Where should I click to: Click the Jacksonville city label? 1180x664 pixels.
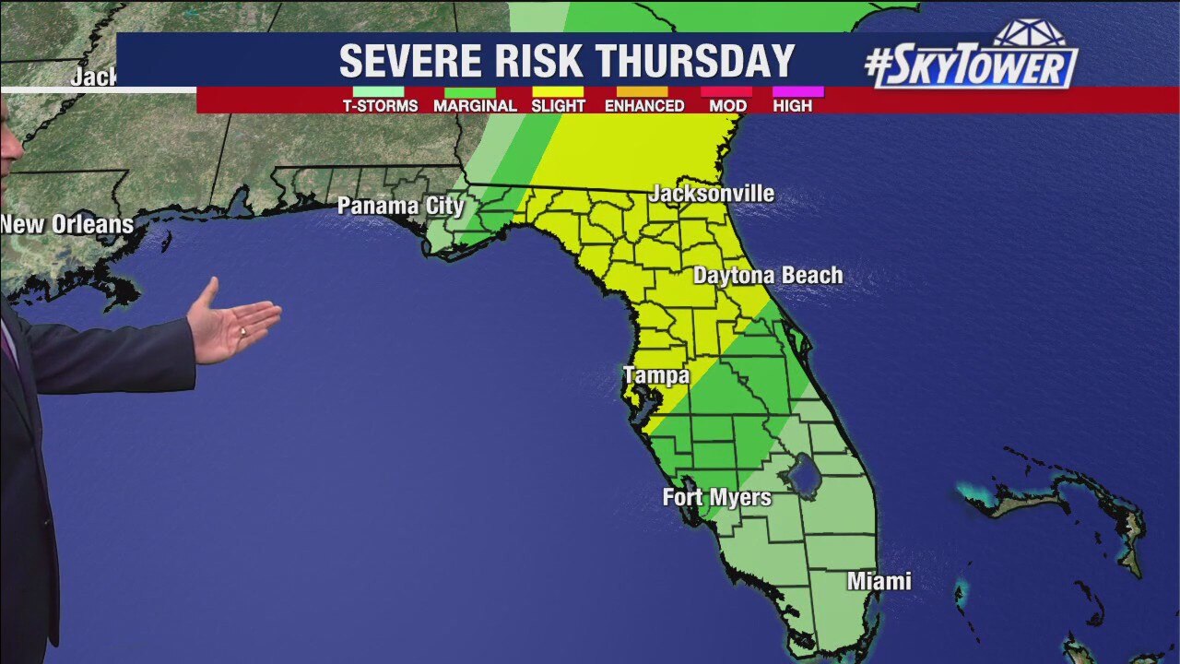[712, 194]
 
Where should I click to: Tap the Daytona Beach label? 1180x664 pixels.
[768, 276]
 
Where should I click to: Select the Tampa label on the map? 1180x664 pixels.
[656, 375]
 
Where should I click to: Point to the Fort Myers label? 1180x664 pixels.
[716, 497]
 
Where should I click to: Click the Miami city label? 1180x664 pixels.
[879, 581]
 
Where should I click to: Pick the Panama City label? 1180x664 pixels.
[400, 206]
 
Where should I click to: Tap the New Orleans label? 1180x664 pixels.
[66, 224]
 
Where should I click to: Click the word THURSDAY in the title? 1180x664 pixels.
[695, 62]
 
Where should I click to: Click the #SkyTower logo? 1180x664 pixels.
[973, 61]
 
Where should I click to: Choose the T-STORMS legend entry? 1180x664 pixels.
[380, 105]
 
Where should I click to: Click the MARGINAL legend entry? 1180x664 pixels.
[475, 105]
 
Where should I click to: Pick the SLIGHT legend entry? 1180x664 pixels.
[558, 105]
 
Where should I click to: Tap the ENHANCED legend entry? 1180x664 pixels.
[644, 105]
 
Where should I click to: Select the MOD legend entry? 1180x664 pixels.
[727, 105]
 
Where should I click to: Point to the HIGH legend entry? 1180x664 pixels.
[793, 105]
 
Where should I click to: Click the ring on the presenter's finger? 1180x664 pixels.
[242, 330]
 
